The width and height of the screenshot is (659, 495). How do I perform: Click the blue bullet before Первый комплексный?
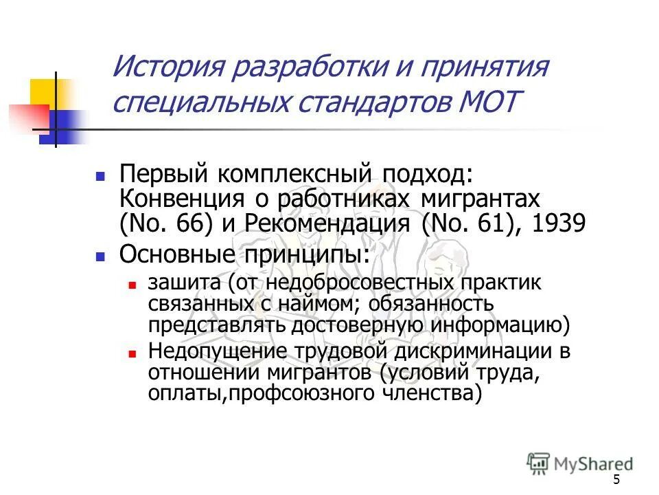pyautogui.click(x=100, y=176)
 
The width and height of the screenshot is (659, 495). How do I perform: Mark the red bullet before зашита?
pyautogui.click(x=133, y=283)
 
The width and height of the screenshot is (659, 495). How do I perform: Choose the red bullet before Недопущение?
pyautogui.click(x=133, y=353)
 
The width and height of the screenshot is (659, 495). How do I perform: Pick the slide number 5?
pyautogui.click(x=616, y=479)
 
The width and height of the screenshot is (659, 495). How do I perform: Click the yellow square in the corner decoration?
pyautogui.click(x=50, y=92)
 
